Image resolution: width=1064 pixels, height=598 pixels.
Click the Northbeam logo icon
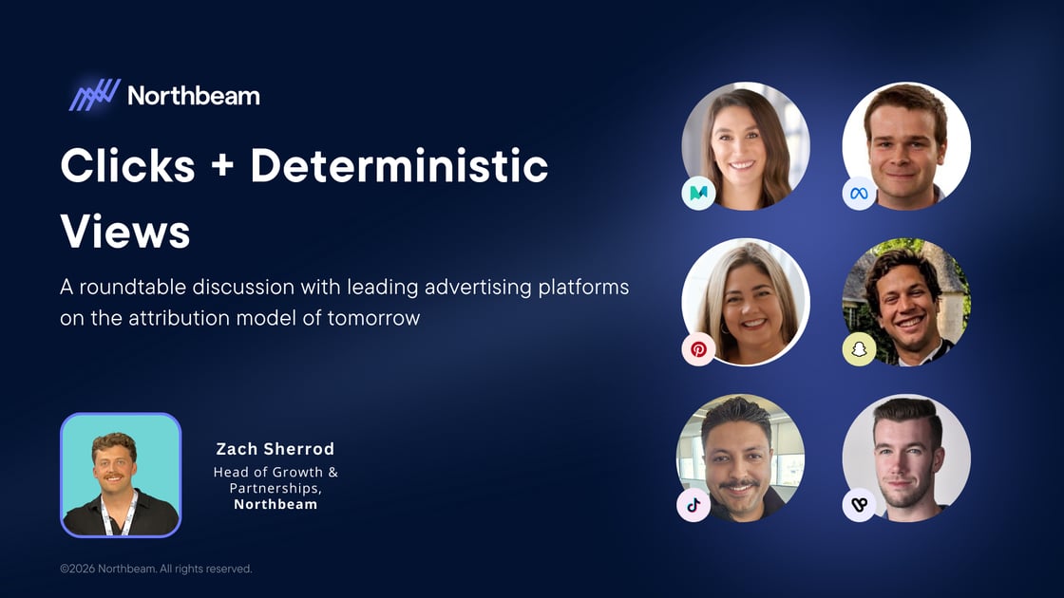pos(94,95)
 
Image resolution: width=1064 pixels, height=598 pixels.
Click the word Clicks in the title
pos(127,167)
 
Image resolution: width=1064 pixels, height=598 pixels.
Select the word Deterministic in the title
pos(399,167)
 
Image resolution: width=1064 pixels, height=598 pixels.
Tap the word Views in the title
pos(124,231)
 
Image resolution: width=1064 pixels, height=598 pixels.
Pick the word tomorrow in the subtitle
pos(373,318)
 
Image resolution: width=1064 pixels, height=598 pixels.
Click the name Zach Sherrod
pos(275,449)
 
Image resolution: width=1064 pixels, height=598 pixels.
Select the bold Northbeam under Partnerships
pos(275,504)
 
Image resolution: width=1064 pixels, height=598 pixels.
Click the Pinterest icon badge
pos(698,349)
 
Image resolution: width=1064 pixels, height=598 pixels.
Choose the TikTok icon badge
pos(693,505)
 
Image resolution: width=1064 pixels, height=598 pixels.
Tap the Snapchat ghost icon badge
pos(859,349)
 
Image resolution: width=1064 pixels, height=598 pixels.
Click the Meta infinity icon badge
pos(859,194)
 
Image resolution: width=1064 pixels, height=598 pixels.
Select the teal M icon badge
pos(698,194)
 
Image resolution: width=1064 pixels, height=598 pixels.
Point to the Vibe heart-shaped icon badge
pos(859,505)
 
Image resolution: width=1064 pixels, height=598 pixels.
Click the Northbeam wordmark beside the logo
pos(193,96)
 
